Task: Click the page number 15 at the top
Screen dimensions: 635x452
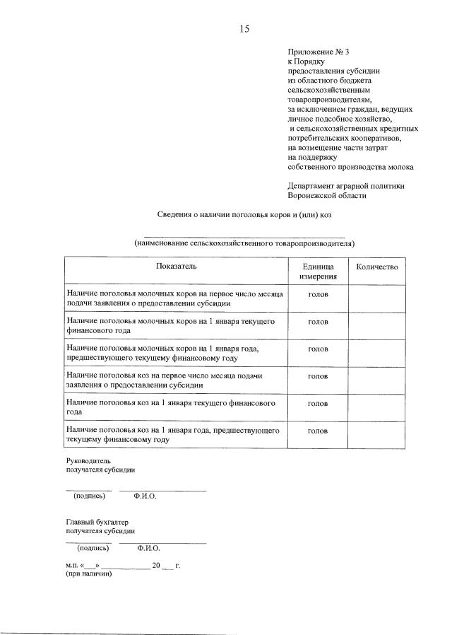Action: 244,29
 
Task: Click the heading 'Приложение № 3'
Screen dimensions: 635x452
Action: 319,52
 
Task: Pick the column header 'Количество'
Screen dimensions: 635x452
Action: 377,267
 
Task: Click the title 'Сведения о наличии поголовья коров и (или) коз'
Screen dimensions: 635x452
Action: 244,215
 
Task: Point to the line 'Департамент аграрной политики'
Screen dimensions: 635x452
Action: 346,185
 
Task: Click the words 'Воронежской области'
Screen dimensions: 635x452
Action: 327,195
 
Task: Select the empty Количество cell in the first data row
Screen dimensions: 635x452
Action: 377,298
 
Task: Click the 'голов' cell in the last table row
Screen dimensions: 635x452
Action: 318,430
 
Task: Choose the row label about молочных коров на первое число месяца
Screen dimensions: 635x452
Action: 174,298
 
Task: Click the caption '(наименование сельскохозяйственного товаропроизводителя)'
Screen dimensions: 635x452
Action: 244,243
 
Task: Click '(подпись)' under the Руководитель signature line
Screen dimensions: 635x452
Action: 89,496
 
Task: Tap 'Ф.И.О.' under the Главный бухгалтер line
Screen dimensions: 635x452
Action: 150,547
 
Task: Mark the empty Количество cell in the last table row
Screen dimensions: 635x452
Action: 377,435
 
